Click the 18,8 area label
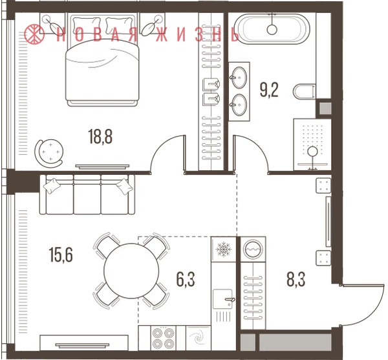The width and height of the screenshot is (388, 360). click(x=100, y=137)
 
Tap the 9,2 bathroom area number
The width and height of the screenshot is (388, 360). click(x=269, y=90)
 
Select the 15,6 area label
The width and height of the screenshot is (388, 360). click(x=61, y=255)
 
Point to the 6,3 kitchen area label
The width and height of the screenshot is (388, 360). click(x=186, y=279)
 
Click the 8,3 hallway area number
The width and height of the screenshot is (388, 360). click(x=296, y=279)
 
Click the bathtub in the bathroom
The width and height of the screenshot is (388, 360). click(x=272, y=29)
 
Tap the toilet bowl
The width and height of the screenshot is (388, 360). click(x=305, y=91)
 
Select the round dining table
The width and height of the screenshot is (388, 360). click(x=131, y=271)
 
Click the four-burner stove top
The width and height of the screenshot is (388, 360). click(x=163, y=338)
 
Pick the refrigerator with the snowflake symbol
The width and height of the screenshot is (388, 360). click(x=224, y=249)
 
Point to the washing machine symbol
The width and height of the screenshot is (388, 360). click(x=253, y=249)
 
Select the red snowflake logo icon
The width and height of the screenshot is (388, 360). click(x=34, y=34)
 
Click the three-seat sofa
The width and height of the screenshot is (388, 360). click(x=87, y=194)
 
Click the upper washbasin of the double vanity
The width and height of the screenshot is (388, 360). click(x=239, y=77)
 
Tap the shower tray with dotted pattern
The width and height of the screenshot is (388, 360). click(x=312, y=144)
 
